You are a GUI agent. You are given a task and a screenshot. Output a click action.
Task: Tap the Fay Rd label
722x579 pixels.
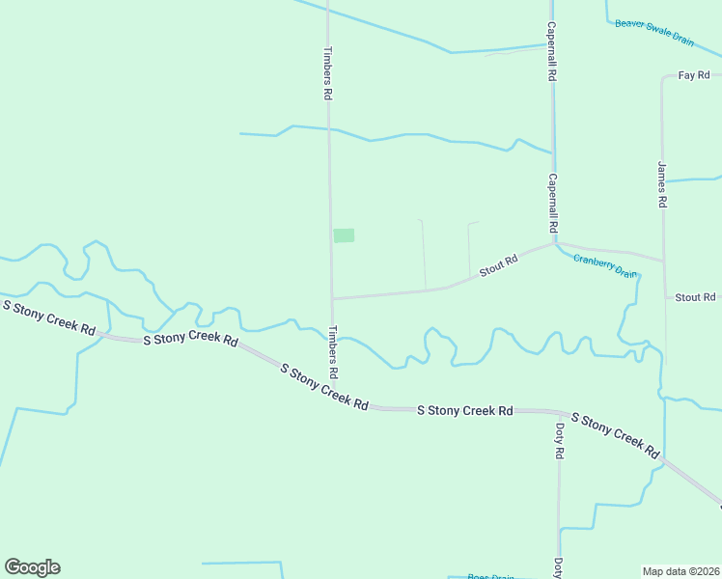click(694, 75)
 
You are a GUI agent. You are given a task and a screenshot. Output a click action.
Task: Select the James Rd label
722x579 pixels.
click(662, 184)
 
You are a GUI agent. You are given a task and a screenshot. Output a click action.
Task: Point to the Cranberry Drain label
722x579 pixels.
click(605, 265)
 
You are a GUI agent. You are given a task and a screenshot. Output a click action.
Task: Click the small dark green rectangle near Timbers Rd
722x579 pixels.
click(344, 235)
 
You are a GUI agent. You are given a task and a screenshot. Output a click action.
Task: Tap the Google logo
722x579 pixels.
click(32, 567)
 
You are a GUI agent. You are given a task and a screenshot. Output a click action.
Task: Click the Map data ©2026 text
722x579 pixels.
click(681, 571)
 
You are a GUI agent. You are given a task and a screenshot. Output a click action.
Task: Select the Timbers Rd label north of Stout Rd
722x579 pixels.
click(328, 74)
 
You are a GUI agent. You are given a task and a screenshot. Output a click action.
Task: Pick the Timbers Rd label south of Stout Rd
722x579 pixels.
click(333, 351)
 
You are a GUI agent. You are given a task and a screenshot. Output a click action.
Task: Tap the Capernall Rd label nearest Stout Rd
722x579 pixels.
click(553, 203)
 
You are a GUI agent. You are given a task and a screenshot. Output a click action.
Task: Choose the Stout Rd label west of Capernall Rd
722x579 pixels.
click(499, 265)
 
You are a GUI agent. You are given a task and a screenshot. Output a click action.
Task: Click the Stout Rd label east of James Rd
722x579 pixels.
click(695, 297)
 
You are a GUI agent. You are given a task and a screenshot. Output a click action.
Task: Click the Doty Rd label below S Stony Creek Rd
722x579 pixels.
click(559, 439)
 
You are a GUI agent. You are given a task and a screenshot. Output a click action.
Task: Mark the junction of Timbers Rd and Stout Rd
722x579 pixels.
click(332, 298)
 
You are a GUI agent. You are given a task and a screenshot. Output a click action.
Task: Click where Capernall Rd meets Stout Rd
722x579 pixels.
click(553, 242)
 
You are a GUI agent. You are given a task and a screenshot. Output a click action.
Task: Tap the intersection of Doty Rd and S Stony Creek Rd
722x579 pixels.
click(558, 412)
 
